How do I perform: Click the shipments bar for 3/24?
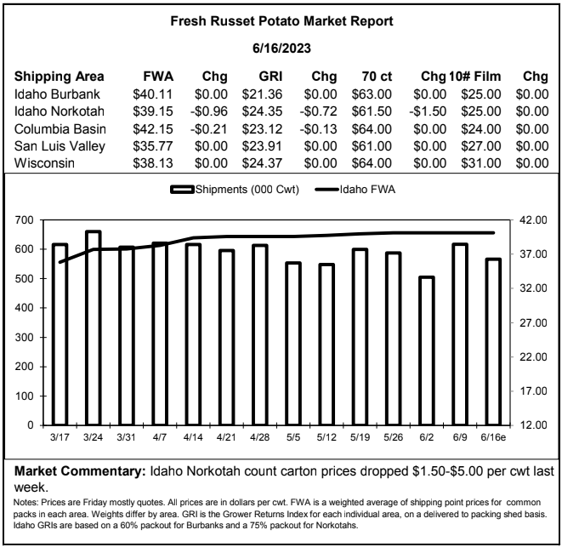click(94, 328)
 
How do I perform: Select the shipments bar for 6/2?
click(427, 350)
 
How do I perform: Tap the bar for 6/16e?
click(493, 342)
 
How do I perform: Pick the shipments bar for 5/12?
click(326, 345)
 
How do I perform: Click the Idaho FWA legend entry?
click(355, 189)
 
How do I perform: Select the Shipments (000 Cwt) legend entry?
click(235, 189)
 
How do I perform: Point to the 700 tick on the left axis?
click(24, 219)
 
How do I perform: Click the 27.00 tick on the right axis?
click(533, 322)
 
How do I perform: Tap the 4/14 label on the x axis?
click(193, 437)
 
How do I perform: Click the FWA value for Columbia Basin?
click(153, 128)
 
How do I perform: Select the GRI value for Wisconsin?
click(262, 163)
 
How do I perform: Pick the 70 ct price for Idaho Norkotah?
click(372, 111)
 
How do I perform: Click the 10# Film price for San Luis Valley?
click(481, 146)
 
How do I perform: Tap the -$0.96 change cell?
click(209, 111)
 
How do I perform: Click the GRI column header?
click(270, 77)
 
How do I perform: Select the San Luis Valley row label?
click(60, 146)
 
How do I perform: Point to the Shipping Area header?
click(60, 77)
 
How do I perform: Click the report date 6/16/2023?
click(281, 48)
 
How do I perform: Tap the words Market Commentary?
click(80, 471)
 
